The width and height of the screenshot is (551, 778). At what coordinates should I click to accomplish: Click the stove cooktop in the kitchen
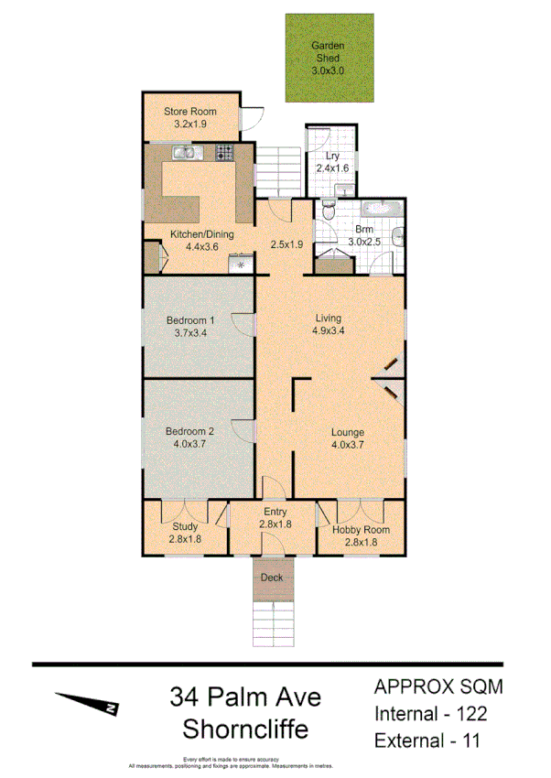[x=225, y=154]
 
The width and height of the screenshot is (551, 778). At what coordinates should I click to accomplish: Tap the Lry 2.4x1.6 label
[x=327, y=161]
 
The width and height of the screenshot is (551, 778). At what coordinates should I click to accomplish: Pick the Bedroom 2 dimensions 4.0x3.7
[x=189, y=444]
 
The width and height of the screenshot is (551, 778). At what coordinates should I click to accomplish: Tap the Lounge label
[x=348, y=433]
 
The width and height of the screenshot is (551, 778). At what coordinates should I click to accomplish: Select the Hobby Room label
[x=361, y=530]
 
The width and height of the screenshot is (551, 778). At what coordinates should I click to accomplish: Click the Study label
[x=186, y=526]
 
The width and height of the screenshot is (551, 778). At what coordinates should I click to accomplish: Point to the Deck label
[x=273, y=578]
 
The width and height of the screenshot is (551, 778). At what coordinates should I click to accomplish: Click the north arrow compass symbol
[x=88, y=703]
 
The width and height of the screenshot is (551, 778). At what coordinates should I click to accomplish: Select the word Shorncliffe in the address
[x=245, y=729]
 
